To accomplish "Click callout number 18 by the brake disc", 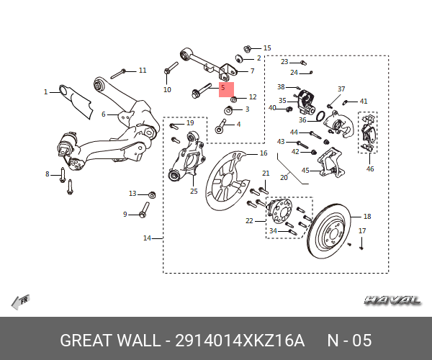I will coord(367,216).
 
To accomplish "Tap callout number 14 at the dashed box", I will coord(147,238).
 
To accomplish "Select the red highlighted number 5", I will coord(223,88).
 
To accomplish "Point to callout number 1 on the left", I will coord(45,92).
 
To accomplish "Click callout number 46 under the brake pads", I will coord(370,169).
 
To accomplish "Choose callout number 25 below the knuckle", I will coord(194,191).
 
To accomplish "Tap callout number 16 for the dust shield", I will coord(264,153).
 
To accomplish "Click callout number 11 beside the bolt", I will coord(143,71).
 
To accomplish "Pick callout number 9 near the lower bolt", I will coord(125,214).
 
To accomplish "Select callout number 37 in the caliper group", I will coord(341,89).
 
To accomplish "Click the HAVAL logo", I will coord(392,300).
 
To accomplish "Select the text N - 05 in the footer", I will coord(349,340).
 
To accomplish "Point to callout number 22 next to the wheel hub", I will coord(250,220).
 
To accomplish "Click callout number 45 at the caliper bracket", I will coord(305,171).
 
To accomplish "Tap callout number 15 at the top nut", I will coord(267,48).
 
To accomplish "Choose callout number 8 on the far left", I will coord(48,174).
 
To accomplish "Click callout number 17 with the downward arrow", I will coord(362,231).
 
